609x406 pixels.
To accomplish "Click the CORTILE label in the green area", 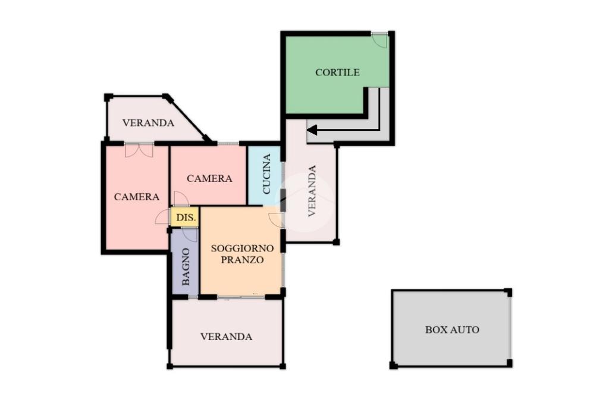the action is click(337, 72).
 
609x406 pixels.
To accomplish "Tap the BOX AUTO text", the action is click(452, 329).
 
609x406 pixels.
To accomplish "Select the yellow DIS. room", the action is click(186, 217).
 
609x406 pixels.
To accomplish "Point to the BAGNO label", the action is click(186, 267).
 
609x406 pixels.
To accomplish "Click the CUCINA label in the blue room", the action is click(266, 174).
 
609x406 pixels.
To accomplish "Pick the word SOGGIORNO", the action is click(242, 248).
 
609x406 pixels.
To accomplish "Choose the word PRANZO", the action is click(242, 260).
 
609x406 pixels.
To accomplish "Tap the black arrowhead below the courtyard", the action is click(312, 130).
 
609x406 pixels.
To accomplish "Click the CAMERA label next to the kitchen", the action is click(209, 178).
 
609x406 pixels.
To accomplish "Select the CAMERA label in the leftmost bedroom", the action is click(136, 197).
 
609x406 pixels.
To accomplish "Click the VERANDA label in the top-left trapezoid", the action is click(148, 123).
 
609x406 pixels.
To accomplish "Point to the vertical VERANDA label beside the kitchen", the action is click(312, 191).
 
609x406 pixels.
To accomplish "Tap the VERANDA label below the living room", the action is click(226, 336).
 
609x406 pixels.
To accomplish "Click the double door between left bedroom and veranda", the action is click(139, 150).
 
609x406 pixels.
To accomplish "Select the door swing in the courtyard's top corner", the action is click(379, 40).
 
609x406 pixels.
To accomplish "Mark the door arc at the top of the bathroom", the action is click(190, 235).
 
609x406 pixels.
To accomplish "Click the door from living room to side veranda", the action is click(276, 220).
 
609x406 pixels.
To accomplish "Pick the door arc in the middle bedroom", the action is click(181, 199).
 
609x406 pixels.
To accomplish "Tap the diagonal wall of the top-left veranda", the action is click(188, 118).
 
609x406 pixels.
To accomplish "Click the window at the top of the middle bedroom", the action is click(228, 144).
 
